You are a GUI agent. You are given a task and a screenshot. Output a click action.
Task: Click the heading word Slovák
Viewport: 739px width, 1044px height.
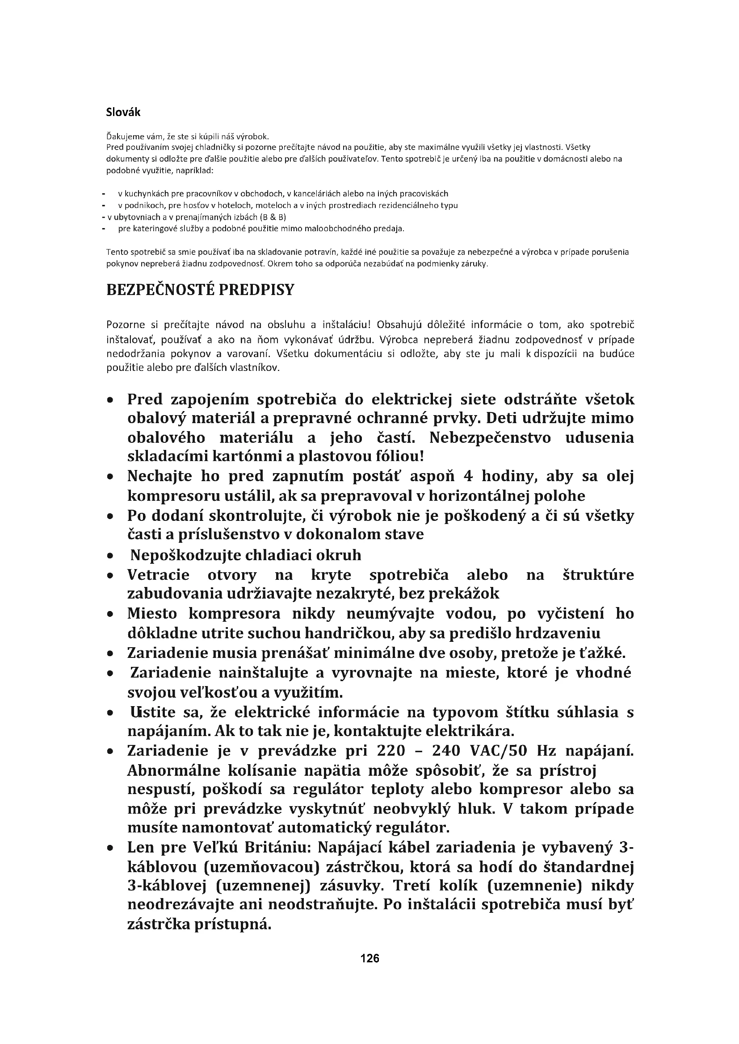coord(123,112)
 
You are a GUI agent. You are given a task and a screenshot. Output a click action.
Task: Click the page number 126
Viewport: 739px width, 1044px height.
coord(369,958)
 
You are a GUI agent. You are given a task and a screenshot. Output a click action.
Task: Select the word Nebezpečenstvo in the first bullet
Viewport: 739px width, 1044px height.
coord(490,437)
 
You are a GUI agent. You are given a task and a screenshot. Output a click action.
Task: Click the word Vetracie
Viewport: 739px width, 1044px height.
coord(158,575)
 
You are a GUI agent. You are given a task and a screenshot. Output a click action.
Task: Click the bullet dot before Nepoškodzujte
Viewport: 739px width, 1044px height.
coord(110,556)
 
